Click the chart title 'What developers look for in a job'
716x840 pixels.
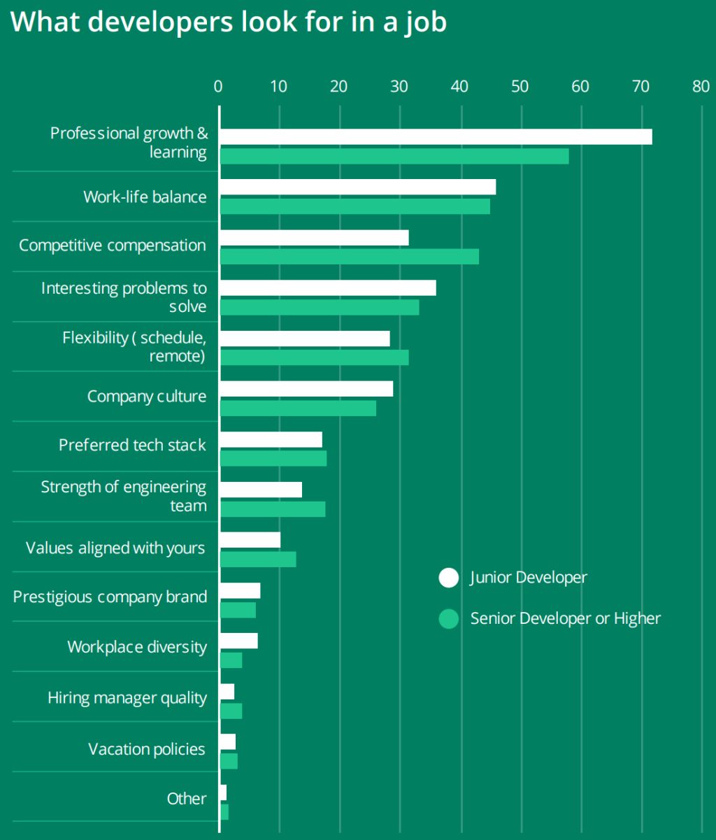(x=228, y=22)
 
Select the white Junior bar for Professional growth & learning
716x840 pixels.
(x=436, y=136)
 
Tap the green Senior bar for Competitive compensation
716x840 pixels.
(x=349, y=257)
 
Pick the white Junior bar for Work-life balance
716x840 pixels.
(x=357, y=187)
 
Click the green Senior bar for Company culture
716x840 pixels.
(x=298, y=408)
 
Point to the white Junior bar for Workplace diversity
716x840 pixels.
(x=238, y=641)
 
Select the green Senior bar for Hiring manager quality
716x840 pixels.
(x=231, y=711)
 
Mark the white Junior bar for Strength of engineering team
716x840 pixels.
(x=261, y=490)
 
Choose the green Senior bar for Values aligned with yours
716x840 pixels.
(x=258, y=560)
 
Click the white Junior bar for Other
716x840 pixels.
(x=223, y=792)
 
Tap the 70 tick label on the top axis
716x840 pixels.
(x=640, y=86)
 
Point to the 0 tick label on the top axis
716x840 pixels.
(x=218, y=86)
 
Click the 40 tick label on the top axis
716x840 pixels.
(x=459, y=86)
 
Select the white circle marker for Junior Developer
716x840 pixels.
(x=448, y=578)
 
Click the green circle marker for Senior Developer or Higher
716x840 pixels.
(x=448, y=618)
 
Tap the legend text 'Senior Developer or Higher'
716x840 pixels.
(x=565, y=618)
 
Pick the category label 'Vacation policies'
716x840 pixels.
(x=147, y=749)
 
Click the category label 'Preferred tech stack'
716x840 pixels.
(x=132, y=445)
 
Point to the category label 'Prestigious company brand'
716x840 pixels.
(x=110, y=597)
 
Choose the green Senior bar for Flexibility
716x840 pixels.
(x=314, y=357)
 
